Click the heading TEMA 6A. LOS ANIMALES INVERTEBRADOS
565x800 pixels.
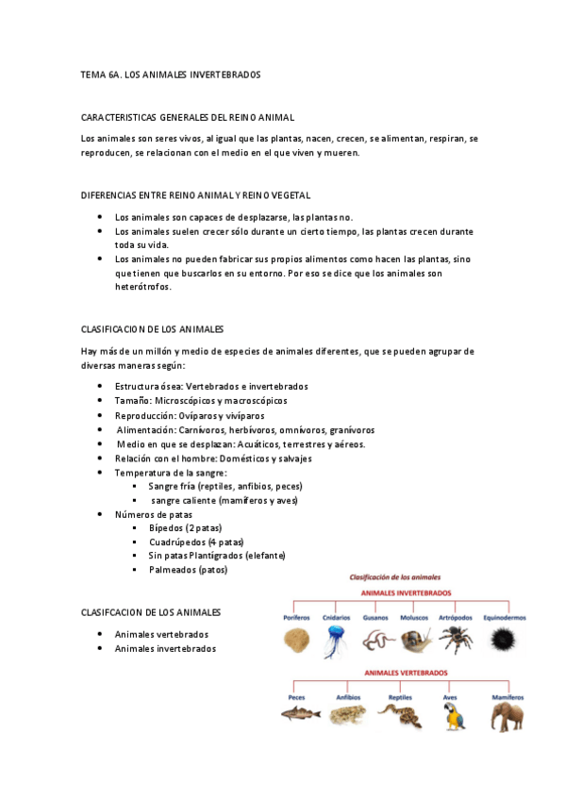click(171, 73)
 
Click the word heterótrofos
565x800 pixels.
click(143, 288)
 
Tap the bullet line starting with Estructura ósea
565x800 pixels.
click(211, 386)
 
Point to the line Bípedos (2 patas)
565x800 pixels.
click(186, 527)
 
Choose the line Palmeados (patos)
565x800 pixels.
click(188, 569)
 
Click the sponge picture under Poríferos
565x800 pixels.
click(296, 642)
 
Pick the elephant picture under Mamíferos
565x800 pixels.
click(507, 715)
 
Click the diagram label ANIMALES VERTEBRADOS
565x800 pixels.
click(400, 673)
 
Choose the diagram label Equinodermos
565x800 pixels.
click(503, 617)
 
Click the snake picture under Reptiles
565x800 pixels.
click(400, 716)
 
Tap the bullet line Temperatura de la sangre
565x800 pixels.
click(170, 472)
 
